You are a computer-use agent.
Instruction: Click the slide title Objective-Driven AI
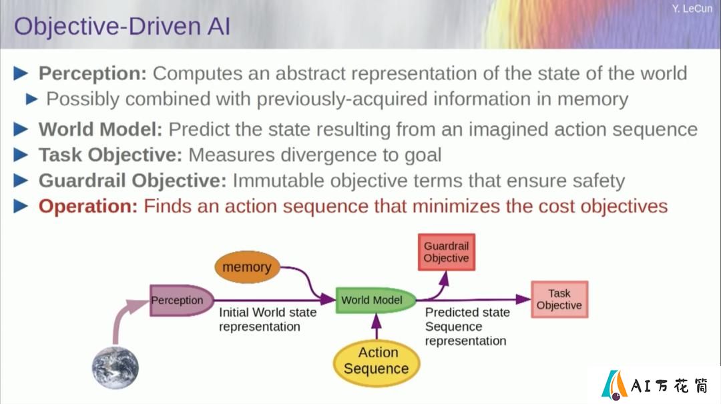point(122,26)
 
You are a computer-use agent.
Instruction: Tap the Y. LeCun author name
point(692,9)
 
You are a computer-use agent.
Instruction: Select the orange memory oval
point(248,267)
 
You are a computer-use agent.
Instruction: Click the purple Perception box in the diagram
point(182,300)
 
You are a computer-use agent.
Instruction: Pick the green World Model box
point(376,300)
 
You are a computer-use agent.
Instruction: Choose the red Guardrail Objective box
point(447,252)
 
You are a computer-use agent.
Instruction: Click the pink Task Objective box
point(559,299)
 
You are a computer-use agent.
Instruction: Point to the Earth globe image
point(115,368)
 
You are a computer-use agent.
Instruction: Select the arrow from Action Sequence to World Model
point(377,327)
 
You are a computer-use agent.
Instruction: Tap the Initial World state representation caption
point(268,319)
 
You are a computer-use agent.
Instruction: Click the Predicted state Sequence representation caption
point(467,327)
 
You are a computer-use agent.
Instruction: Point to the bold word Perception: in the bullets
point(92,73)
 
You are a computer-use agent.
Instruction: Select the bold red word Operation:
point(88,207)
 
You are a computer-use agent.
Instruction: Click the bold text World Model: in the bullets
point(101,129)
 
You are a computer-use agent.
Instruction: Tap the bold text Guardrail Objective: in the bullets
point(132,181)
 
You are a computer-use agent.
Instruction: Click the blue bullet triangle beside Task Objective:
point(21,155)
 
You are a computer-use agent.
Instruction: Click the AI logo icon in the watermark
point(614,385)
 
